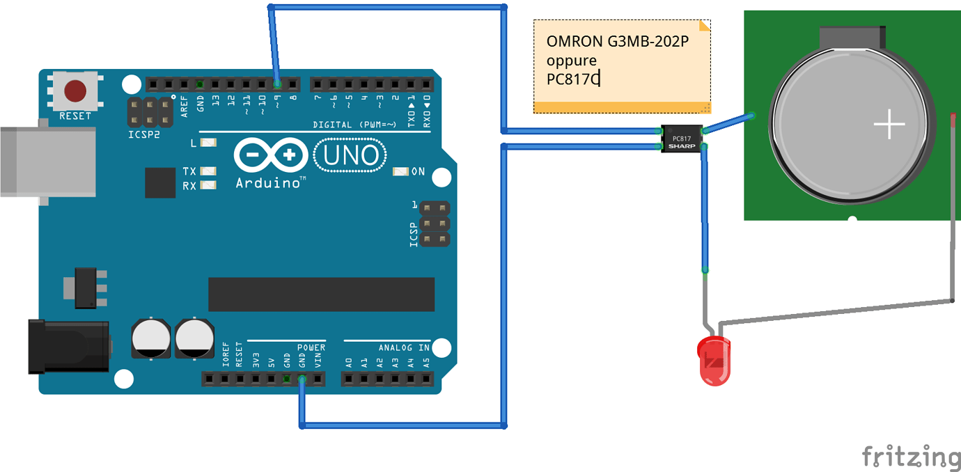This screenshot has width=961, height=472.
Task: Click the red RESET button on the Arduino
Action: point(75,91)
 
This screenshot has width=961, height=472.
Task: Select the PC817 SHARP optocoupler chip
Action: point(681,138)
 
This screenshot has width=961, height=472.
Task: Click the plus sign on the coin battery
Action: point(889,125)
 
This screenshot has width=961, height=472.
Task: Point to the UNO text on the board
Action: point(352,155)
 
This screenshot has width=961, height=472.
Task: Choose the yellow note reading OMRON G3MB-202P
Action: point(622,66)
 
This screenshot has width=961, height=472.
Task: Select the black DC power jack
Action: point(68,346)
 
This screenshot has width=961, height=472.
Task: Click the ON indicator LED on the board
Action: point(401,171)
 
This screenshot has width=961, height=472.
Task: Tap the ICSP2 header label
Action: point(143,134)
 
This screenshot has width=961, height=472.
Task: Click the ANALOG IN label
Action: point(404,347)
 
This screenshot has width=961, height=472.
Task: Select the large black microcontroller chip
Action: point(321,294)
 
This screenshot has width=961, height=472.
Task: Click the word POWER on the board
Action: point(311,347)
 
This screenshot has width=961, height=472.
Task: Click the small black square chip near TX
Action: point(160,182)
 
